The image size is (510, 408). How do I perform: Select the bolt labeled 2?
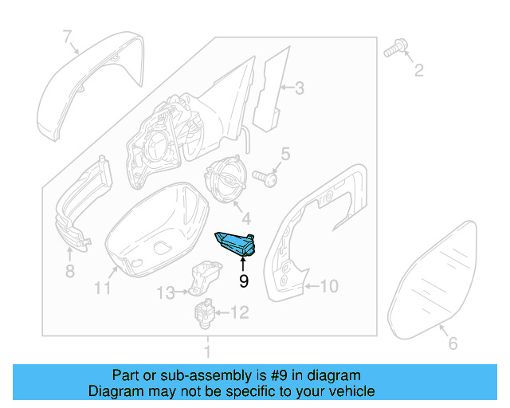click(393, 50)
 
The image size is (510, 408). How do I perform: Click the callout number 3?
click(299, 88)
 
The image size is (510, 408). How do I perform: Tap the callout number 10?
click(330, 284)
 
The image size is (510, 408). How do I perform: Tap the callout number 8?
click(69, 273)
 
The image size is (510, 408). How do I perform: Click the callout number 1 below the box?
click(207, 351)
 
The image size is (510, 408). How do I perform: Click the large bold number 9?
click(244, 280)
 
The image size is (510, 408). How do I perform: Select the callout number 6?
click(452, 343)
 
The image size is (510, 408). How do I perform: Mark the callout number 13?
click(163, 293)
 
